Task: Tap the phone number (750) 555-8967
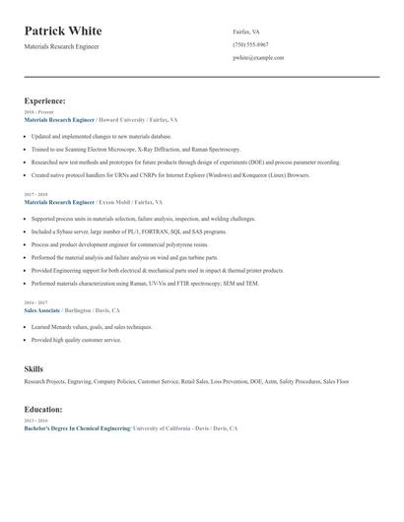click(x=251, y=45)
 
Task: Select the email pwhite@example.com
click(x=258, y=58)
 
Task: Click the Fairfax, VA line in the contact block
click(x=246, y=33)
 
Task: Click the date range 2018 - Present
click(x=38, y=112)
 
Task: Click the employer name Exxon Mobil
click(x=117, y=201)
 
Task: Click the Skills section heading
click(x=34, y=368)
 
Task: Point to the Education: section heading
click(x=43, y=409)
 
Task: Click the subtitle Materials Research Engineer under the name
click(x=62, y=46)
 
